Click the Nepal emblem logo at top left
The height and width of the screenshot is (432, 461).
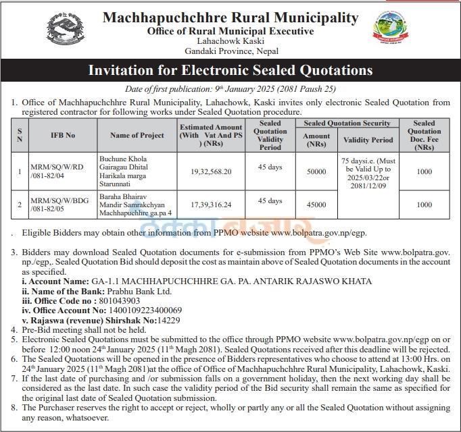64,32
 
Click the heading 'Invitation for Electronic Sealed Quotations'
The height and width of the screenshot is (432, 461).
230,70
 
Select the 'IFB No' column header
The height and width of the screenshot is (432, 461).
63,135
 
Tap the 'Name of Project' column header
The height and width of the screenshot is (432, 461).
137,135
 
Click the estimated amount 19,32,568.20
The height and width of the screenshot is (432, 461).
211,172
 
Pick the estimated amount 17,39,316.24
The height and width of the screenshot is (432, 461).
211,204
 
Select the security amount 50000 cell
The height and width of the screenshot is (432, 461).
316,172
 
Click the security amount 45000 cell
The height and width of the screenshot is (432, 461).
316,204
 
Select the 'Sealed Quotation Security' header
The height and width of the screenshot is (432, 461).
347,123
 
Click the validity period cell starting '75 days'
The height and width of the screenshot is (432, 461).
368,172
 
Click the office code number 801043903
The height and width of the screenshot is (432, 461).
120,300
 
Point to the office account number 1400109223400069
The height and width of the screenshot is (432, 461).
149,310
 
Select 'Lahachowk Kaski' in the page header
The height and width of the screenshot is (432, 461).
230,41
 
